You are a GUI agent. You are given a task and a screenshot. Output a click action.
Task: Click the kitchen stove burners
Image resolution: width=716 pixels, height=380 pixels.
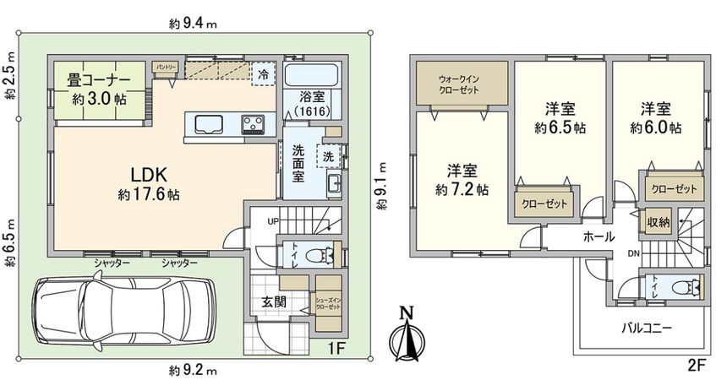254,125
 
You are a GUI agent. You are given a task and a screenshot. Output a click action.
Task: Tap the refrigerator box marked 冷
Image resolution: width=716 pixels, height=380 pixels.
265,73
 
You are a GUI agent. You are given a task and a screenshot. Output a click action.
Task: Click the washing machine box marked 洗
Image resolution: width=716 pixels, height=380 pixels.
326,155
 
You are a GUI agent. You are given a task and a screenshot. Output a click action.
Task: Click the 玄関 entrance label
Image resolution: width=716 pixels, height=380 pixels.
272,301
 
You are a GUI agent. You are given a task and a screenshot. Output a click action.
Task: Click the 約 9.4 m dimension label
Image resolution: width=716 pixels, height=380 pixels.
193,24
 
